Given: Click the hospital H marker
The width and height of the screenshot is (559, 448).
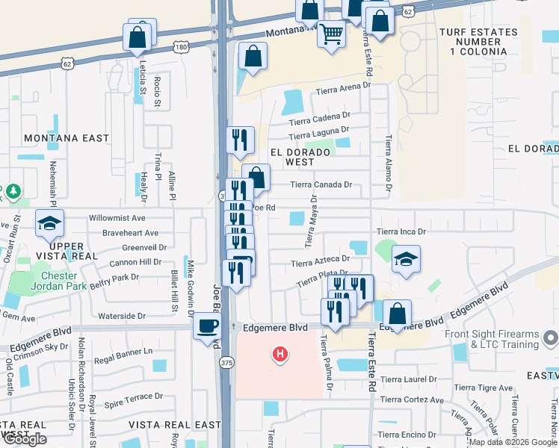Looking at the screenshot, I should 280,353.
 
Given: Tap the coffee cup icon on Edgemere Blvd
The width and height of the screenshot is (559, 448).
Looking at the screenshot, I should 206,326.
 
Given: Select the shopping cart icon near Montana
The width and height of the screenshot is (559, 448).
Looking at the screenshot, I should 331,33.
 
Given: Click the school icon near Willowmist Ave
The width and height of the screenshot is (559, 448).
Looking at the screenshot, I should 50,223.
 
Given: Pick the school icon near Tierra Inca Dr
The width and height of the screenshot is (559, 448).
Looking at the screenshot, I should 406,259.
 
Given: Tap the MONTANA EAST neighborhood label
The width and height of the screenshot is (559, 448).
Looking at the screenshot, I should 67,138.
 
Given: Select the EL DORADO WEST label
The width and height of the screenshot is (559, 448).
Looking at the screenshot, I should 302,157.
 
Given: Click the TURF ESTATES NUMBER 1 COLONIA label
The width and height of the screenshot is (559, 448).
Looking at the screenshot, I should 478,43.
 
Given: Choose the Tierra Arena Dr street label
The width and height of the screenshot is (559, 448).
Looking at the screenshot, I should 344,88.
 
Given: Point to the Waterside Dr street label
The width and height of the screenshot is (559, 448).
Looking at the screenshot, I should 122,316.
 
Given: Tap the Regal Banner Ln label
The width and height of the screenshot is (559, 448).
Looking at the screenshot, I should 124,350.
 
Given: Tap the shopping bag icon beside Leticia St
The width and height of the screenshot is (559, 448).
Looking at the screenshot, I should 138,37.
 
